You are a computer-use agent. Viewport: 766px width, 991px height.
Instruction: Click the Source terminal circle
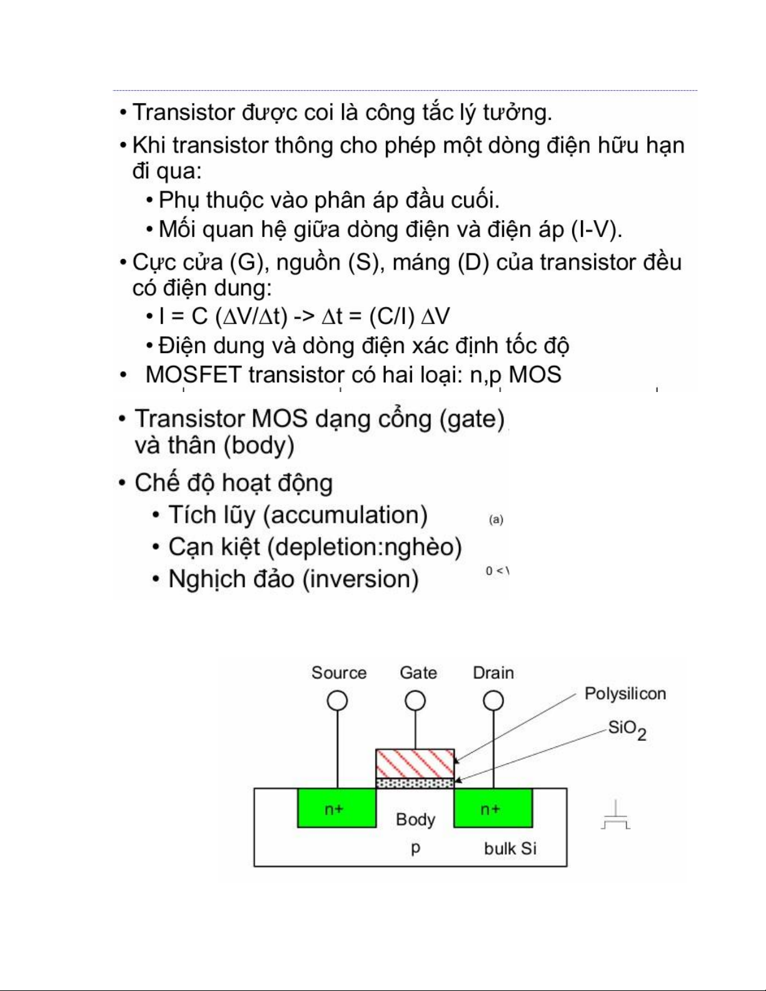338,700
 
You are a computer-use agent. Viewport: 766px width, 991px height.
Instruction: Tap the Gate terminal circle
415,700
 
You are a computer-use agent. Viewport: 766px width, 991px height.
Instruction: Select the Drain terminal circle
493,700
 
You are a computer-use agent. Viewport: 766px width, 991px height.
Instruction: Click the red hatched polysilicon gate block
415,763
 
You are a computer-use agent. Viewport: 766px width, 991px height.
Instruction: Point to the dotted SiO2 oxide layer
415,783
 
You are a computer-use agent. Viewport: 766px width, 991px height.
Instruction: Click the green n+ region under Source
337,808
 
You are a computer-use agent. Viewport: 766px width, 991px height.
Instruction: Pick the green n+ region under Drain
493,808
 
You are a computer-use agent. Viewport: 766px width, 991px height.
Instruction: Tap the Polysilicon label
625,693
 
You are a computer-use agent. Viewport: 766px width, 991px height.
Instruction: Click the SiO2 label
627,729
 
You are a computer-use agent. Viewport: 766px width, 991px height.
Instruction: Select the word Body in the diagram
415,820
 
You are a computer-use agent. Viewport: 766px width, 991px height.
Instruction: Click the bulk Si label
510,848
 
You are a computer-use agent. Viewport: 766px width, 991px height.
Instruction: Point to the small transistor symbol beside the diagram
615,815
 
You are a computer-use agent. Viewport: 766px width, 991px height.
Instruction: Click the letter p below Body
415,848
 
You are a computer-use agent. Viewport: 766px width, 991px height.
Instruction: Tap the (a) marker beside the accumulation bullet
496,520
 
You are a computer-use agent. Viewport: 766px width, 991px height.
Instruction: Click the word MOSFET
193,375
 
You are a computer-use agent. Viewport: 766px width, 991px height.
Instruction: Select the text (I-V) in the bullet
597,229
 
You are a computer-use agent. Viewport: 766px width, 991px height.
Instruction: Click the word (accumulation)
346,515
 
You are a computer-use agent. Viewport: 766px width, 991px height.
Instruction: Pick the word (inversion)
361,579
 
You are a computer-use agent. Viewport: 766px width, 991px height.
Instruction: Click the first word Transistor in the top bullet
183,113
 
